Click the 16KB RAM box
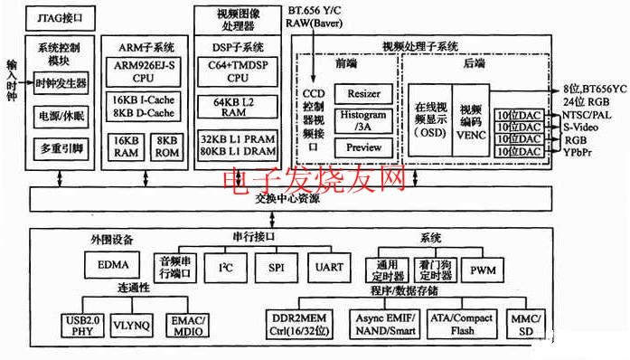pyautogui.click(x=127, y=147)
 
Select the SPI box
pyautogui.click(x=276, y=269)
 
